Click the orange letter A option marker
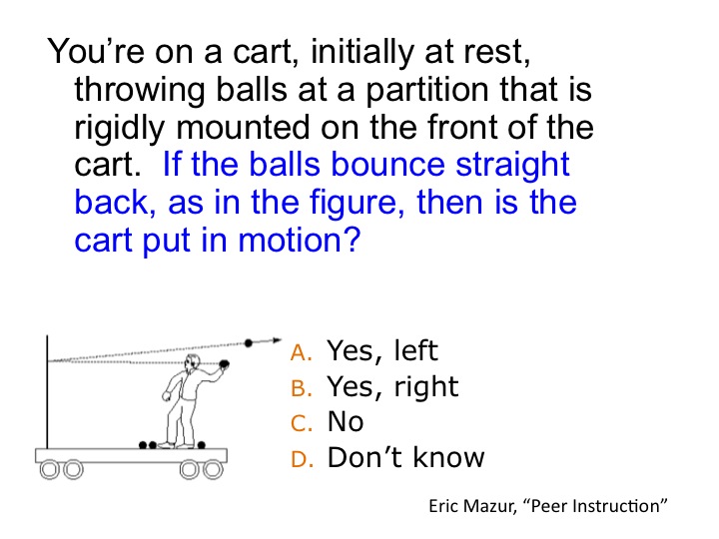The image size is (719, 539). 302,352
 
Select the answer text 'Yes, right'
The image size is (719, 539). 392,387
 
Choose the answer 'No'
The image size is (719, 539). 346,421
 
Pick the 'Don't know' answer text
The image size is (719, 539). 405,457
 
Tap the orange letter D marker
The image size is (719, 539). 303,459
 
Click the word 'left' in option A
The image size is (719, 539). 416,350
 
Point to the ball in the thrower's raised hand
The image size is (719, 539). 225,364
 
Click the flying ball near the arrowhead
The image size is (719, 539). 249,342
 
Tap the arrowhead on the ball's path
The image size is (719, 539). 277,340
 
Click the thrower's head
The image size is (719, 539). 192,362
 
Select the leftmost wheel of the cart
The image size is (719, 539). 49,470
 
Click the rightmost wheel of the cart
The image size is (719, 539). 214,470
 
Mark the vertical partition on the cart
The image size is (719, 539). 47,392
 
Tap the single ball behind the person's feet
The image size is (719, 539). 202,444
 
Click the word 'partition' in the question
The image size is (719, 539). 427,90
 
